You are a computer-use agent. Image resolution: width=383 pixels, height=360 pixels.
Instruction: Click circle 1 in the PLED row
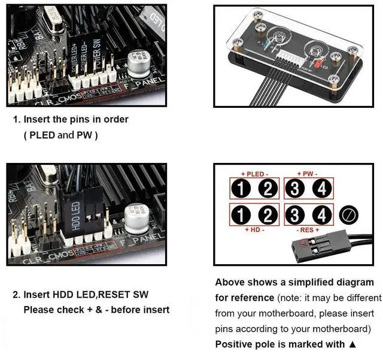tap(241, 189)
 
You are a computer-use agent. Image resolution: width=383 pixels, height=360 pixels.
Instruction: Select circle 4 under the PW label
tap(321, 189)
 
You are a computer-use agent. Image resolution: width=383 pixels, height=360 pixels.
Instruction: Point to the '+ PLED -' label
tap(254, 174)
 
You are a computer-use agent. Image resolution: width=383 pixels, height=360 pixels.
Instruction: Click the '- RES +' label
tap(308, 230)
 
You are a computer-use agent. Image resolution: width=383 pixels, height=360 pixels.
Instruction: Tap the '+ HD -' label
tap(254, 230)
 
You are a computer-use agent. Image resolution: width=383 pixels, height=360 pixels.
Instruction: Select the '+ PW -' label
tap(308, 174)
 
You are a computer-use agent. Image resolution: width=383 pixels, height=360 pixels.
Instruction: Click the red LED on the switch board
tap(318, 62)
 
